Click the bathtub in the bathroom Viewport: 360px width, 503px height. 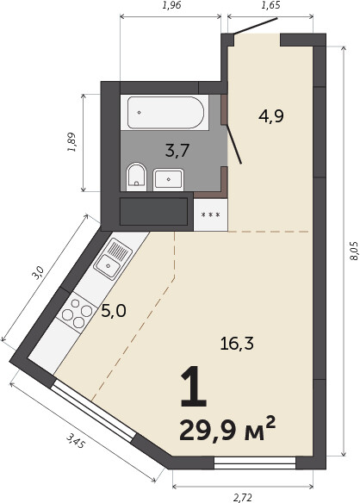165,112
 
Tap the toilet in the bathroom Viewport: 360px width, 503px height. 136,176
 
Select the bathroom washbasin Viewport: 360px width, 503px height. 169,180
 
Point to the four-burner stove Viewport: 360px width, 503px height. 77,313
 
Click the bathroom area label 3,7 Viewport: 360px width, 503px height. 177,151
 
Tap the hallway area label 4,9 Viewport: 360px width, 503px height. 271,115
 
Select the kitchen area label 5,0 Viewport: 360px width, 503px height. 114,311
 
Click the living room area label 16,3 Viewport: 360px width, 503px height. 237,344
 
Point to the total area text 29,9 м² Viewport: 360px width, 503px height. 227,429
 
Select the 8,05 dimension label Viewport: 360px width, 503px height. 353,251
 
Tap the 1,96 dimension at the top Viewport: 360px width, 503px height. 172,5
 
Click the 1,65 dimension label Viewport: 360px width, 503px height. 270,5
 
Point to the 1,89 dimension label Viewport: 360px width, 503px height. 71,142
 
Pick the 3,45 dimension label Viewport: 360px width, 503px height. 76,440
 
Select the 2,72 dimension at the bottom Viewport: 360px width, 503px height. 243,498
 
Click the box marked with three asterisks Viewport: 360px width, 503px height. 211,214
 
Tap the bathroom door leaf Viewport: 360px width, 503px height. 234,144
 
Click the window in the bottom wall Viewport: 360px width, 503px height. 255,463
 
